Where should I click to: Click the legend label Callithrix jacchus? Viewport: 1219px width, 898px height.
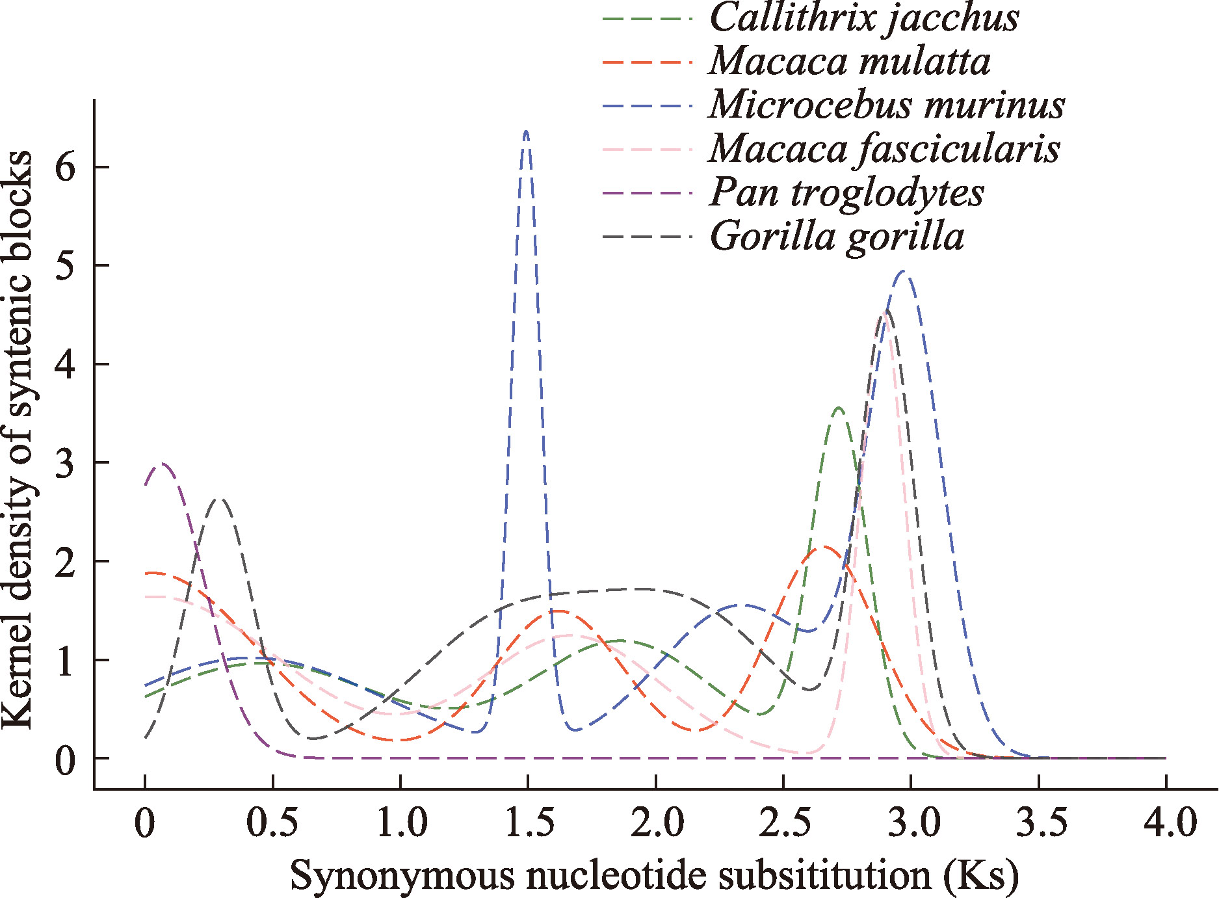[x=864, y=18]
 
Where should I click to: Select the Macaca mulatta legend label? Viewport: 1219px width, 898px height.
[x=850, y=61]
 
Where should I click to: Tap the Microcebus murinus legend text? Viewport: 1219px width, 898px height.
[x=887, y=105]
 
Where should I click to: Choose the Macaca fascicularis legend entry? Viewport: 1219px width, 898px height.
[x=884, y=149]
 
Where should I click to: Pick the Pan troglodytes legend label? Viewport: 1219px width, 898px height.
[x=846, y=192]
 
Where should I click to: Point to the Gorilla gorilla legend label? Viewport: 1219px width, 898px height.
[x=837, y=236]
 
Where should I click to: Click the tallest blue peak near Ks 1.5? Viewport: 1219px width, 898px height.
[x=526, y=132]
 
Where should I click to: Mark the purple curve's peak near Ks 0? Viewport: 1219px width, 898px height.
[x=161, y=464]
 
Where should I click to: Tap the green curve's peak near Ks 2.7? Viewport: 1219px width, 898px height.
[x=838, y=408]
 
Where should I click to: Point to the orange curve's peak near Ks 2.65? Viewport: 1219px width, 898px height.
[x=824, y=547]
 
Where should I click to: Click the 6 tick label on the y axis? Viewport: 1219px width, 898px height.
[x=65, y=167]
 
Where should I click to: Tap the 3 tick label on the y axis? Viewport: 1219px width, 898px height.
[x=65, y=463]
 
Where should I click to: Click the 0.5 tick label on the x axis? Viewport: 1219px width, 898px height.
[x=272, y=823]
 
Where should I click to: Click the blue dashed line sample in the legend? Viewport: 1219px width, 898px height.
[x=647, y=105]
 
